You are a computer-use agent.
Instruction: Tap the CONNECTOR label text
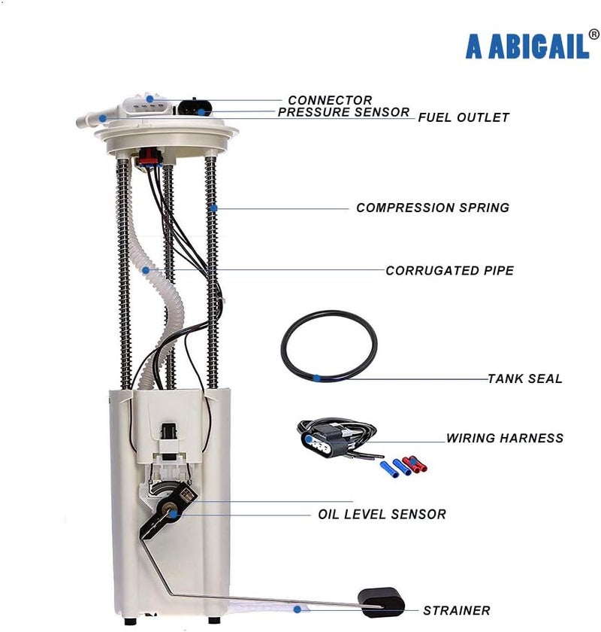tap(330, 100)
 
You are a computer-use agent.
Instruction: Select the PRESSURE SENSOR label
tap(344, 112)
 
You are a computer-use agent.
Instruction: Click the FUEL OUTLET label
tap(464, 117)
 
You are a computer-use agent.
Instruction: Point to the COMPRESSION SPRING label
tap(433, 208)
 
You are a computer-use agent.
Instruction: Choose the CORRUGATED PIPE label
tap(450, 270)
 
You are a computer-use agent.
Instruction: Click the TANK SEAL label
tap(525, 378)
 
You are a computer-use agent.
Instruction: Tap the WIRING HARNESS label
tap(505, 438)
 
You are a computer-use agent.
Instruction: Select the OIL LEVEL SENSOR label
tap(382, 515)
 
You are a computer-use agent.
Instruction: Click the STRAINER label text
tap(457, 611)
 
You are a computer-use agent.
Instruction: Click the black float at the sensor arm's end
tap(381, 601)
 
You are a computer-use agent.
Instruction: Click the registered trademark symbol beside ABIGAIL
tap(593, 34)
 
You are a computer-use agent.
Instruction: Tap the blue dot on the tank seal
tap(318, 378)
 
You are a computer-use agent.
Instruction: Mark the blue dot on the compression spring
tap(213, 208)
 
